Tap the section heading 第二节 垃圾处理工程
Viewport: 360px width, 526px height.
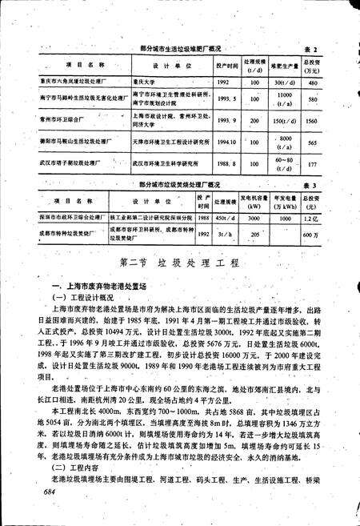179,264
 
